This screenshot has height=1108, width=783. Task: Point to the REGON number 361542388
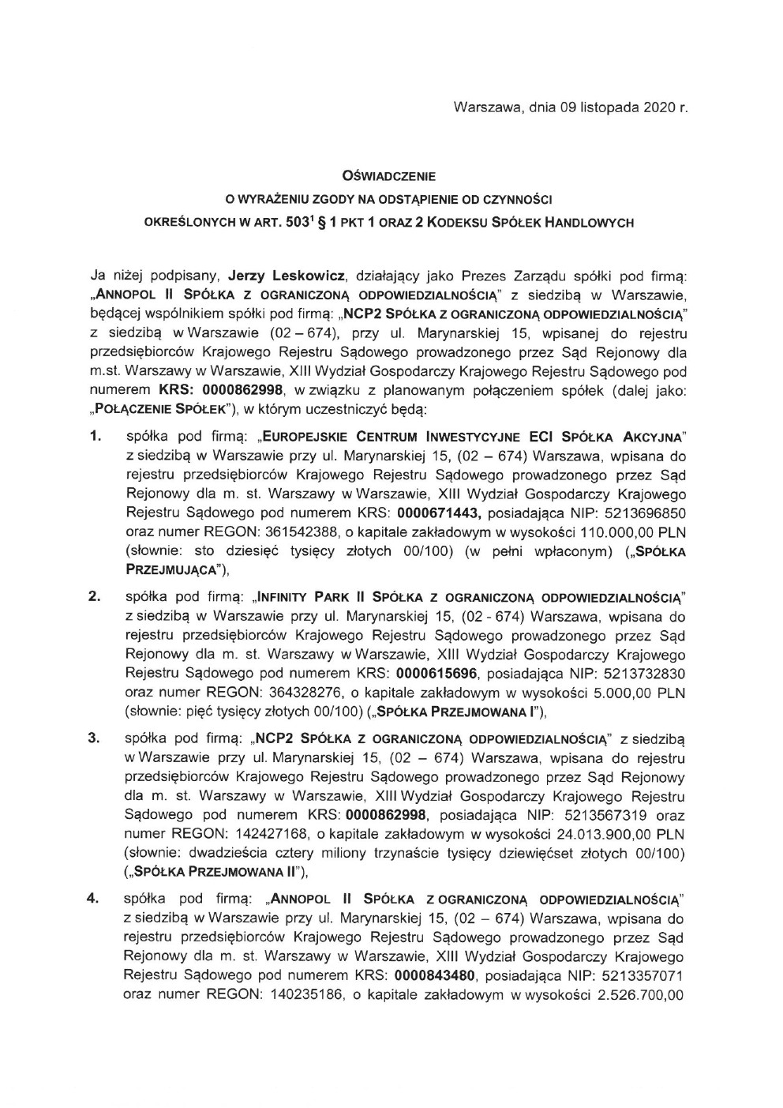[x=301, y=532]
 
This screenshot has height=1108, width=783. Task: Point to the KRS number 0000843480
[x=437, y=977]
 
